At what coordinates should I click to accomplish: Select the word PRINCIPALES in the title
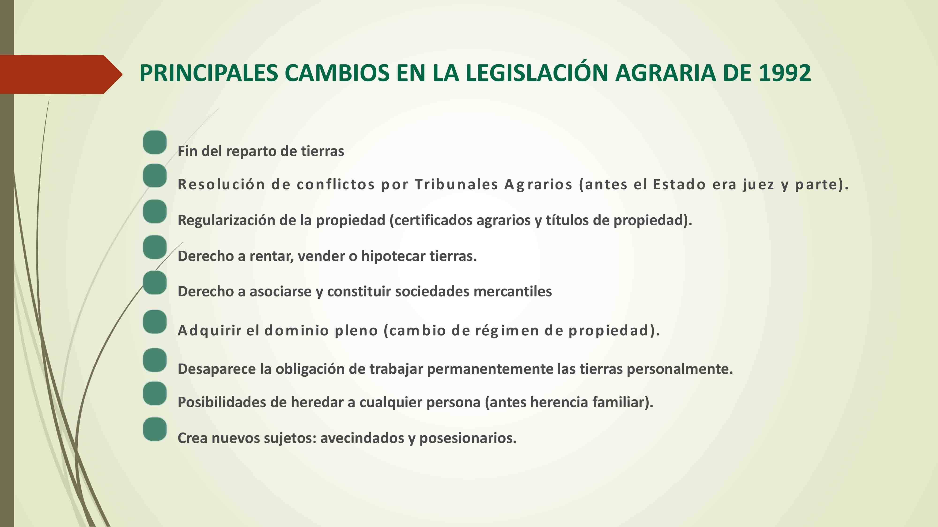point(209,73)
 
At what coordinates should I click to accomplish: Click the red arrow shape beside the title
point(61,74)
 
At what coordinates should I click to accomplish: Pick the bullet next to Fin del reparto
point(155,142)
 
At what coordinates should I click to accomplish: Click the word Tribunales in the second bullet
point(456,184)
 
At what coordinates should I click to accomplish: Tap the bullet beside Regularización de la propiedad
point(155,211)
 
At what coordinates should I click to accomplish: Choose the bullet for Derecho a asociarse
point(155,283)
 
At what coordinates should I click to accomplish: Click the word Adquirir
point(210,330)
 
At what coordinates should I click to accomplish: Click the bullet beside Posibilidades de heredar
point(155,393)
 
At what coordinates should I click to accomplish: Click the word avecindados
point(362,438)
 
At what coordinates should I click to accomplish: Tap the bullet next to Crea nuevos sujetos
point(155,429)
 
